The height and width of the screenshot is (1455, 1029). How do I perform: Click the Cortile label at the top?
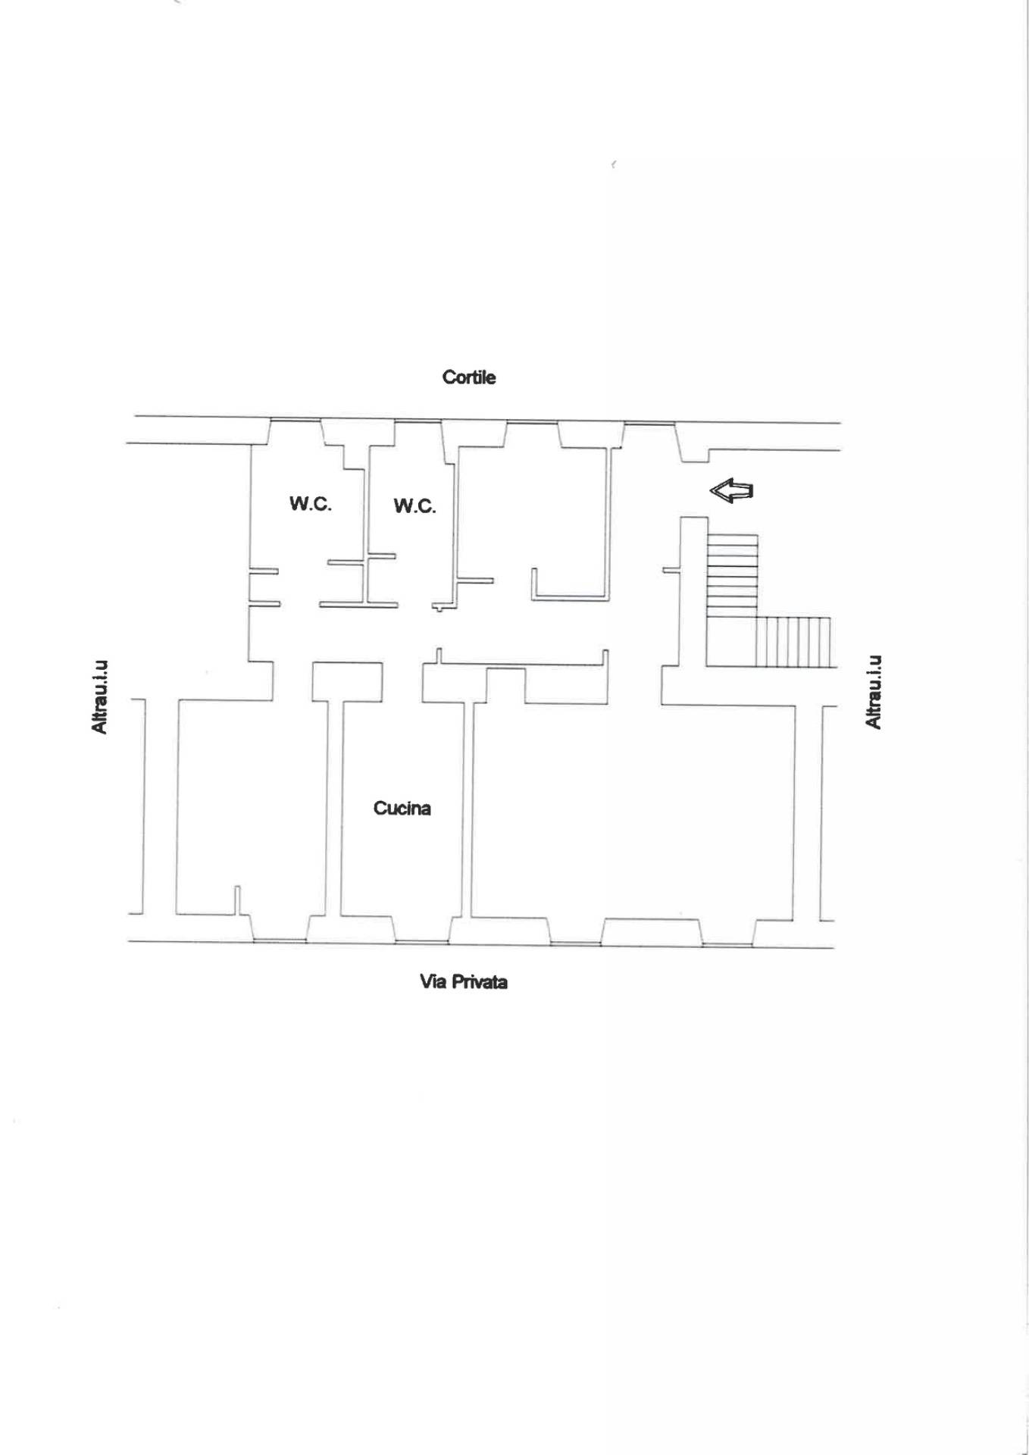(469, 377)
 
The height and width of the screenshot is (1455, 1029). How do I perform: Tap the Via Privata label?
(464, 982)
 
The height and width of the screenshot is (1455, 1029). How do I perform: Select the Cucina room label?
(402, 809)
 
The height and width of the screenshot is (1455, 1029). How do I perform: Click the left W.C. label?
(310, 504)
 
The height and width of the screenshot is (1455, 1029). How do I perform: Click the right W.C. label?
(414, 506)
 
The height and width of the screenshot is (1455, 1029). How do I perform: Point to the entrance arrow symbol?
(731, 491)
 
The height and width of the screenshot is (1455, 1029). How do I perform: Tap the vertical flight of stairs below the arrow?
(732, 576)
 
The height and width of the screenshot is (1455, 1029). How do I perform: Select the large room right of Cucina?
(633, 811)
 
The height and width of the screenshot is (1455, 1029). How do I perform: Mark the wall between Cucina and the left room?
(334, 807)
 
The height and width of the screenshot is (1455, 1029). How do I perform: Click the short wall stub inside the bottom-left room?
(236, 900)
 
